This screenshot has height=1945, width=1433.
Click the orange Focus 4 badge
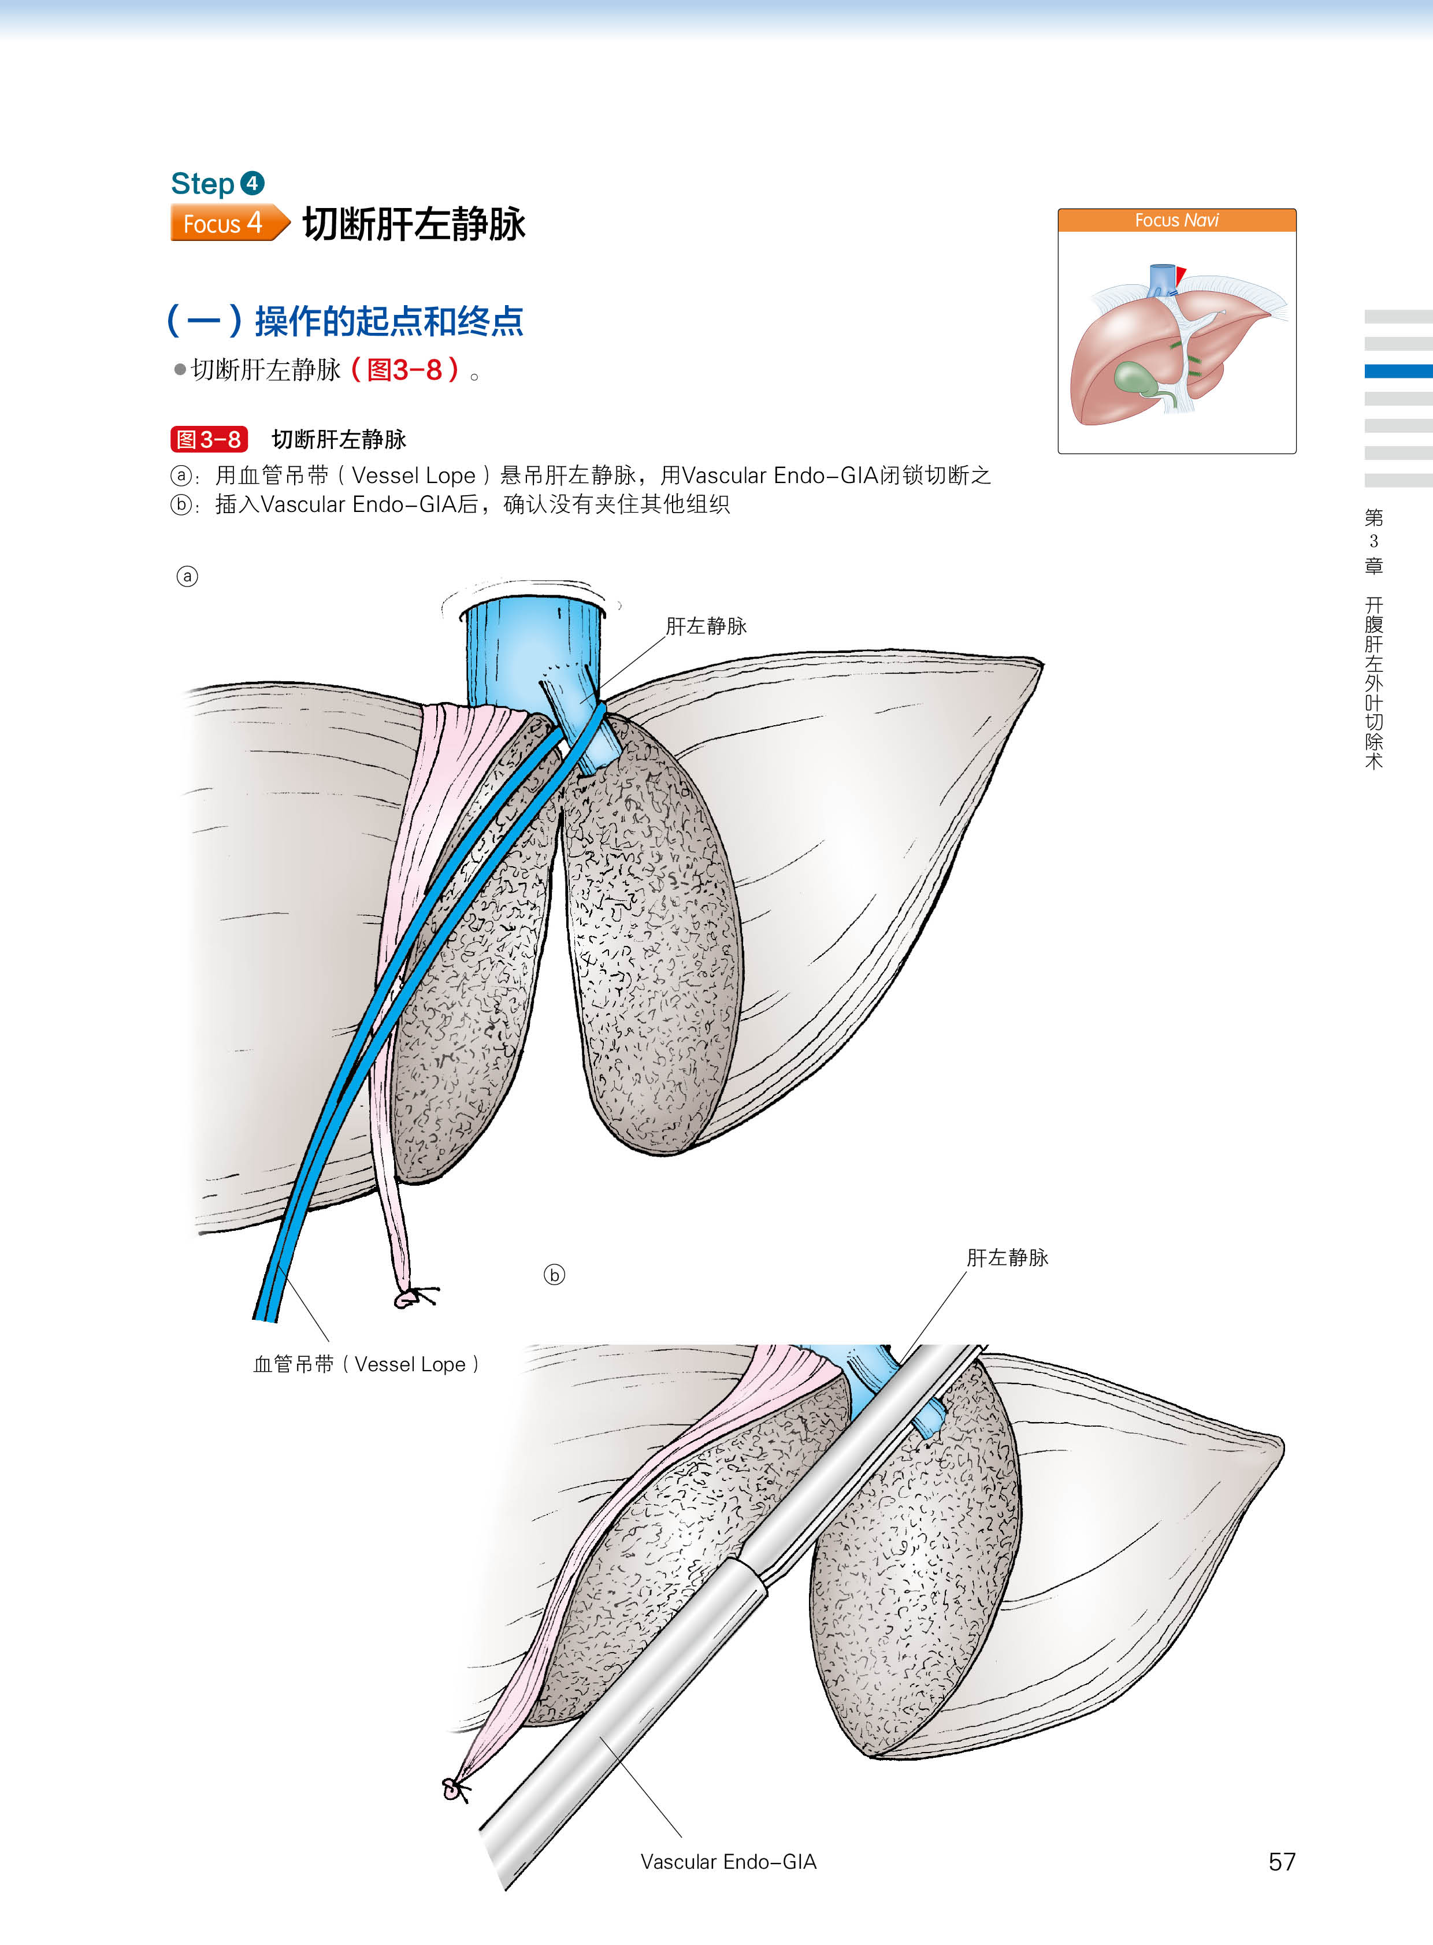pos(227,223)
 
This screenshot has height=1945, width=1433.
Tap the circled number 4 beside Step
pos(251,183)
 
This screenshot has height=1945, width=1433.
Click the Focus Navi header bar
pos(1176,220)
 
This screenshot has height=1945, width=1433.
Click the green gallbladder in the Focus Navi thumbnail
pos(1133,377)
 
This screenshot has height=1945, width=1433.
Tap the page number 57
pos(1281,1861)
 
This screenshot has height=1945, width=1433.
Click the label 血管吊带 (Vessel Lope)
pos(365,1364)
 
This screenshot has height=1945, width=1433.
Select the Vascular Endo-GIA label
pos(728,1861)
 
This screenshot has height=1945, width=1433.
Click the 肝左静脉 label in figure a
pos(706,625)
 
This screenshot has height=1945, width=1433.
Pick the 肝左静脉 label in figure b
pos(1007,1257)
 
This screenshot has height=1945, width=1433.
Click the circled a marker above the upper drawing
pos(187,576)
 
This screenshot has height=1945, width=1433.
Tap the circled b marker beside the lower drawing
pos(554,1274)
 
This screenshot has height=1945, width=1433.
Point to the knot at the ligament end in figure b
pos(454,1790)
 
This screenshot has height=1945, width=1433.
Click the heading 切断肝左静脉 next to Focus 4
pos(414,224)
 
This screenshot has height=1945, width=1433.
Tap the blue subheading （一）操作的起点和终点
pos(345,320)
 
